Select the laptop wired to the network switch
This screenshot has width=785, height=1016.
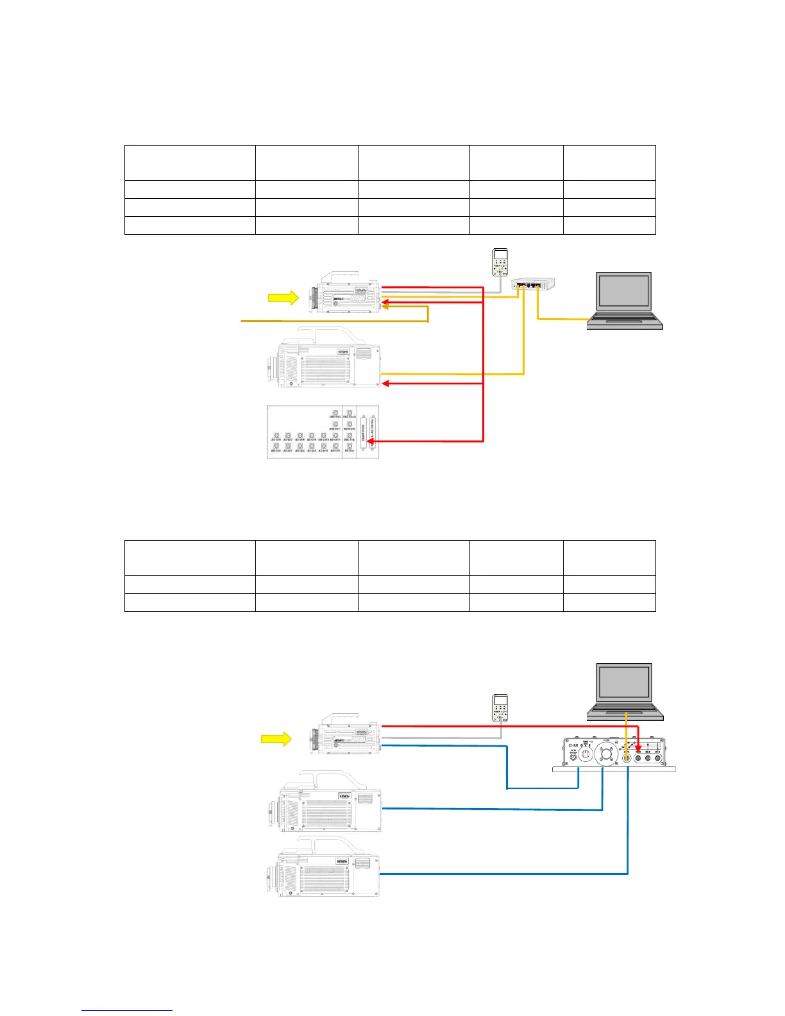[x=625, y=301]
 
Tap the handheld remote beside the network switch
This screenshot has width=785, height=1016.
[x=500, y=263]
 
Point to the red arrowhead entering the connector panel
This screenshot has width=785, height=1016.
[x=380, y=441]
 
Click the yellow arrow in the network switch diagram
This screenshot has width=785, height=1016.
[x=283, y=298]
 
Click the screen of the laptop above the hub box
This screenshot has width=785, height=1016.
[x=624, y=684]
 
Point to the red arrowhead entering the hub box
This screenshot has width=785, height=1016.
[x=638, y=748]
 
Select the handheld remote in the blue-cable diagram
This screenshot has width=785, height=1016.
[x=500, y=707]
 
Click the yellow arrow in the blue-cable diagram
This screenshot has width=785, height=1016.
[x=276, y=740]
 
